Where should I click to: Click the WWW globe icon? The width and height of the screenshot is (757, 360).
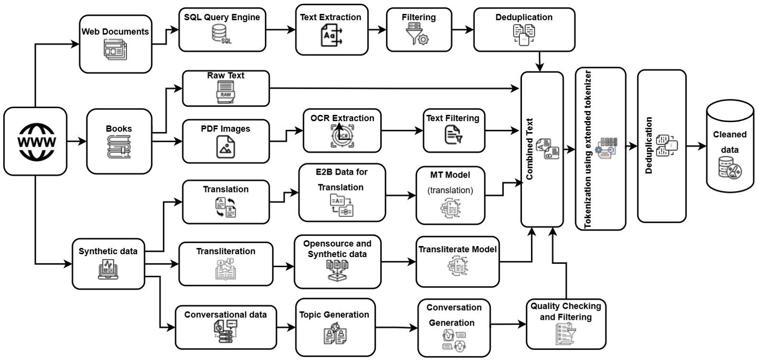click(36, 142)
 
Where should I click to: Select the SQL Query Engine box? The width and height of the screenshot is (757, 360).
click(222, 30)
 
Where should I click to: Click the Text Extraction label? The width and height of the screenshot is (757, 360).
click(330, 17)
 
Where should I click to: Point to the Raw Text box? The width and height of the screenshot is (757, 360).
click(226, 89)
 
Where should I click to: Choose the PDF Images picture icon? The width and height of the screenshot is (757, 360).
click(225, 146)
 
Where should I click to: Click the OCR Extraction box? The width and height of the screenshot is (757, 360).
click(342, 130)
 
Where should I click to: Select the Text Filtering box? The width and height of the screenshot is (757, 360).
click(453, 130)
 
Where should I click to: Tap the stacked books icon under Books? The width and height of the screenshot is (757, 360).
click(118, 147)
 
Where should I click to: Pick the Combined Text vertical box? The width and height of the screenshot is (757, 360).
click(542, 149)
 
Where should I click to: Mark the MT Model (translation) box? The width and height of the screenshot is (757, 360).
click(450, 195)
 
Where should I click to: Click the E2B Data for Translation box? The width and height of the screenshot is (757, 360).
click(341, 192)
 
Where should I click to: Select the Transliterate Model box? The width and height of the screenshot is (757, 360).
click(457, 261)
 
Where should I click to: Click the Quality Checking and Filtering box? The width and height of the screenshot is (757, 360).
click(565, 324)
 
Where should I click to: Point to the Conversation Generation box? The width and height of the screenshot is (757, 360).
click(454, 328)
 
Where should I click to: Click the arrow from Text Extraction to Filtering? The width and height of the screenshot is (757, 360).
click(377, 29)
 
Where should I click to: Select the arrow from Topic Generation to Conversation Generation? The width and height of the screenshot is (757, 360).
click(396, 328)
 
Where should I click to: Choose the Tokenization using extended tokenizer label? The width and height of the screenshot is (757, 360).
click(588, 149)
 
